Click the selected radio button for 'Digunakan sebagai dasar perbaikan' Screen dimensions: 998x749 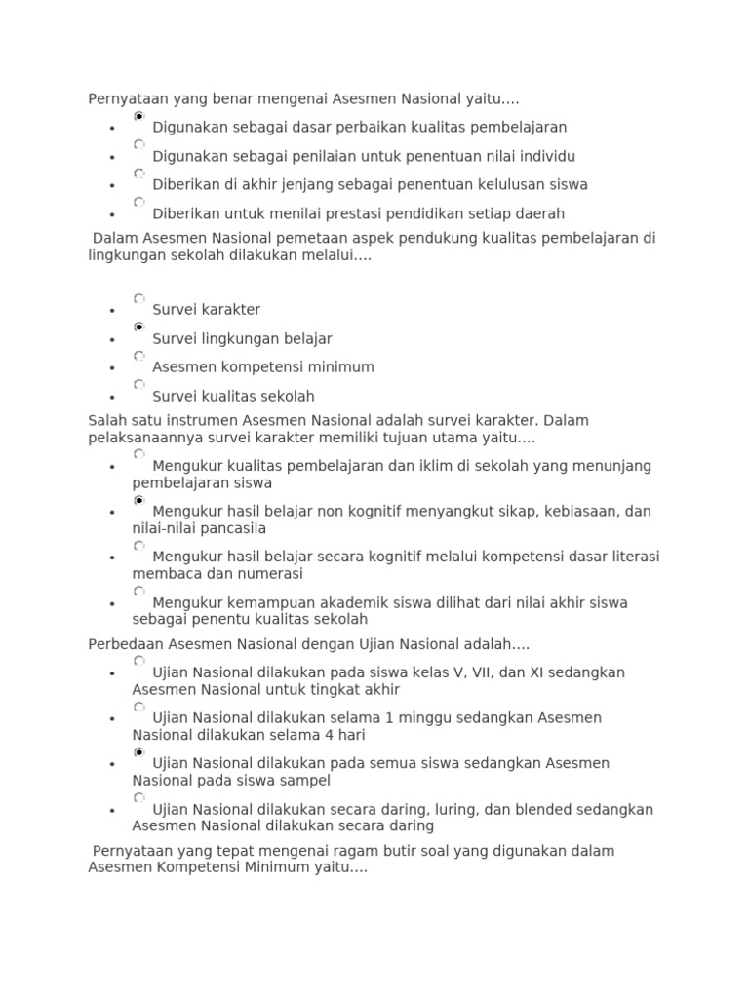[139, 116]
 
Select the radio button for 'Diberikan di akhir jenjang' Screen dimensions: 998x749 [139, 173]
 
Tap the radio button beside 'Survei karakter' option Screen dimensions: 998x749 [139, 298]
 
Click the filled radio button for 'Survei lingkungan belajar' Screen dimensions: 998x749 [139, 327]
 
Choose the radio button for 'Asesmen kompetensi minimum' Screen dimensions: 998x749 [139, 356]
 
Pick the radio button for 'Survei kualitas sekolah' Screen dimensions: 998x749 [139, 385]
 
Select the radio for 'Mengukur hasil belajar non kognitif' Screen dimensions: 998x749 [139, 500]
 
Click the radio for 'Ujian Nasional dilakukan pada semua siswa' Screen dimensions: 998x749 [139, 752]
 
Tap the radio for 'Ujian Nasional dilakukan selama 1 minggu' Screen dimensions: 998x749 [139, 707]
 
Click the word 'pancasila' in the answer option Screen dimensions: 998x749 [234, 528]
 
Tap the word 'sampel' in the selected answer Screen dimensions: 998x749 [307, 781]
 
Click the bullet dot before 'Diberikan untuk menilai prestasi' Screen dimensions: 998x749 [114, 214]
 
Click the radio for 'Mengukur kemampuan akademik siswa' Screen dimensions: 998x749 [139, 592]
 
